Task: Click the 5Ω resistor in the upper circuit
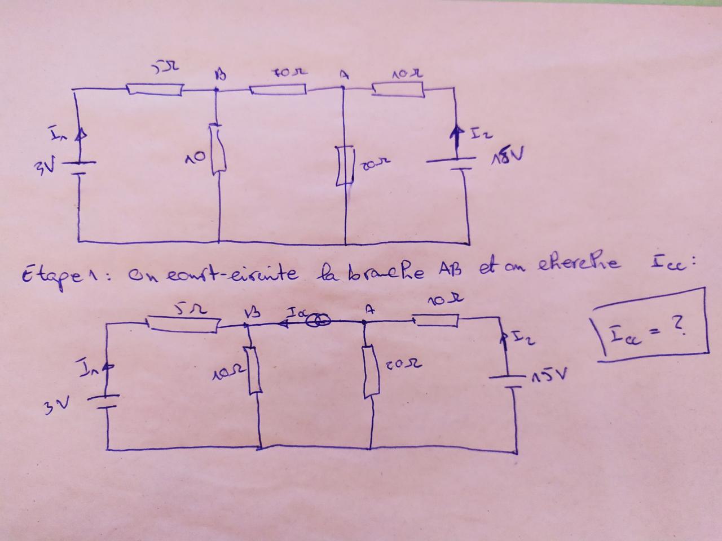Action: tap(154, 89)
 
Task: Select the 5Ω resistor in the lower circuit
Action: tap(183, 323)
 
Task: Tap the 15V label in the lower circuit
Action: tap(552, 375)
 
